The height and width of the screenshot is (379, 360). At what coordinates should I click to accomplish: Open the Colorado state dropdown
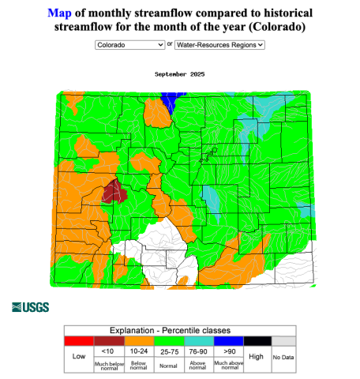click(x=129, y=45)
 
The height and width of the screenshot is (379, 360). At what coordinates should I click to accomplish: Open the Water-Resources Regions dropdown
click(x=219, y=45)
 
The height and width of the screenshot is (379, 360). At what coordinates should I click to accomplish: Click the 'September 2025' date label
click(x=179, y=73)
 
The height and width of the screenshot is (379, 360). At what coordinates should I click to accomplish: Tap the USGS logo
click(x=30, y=306)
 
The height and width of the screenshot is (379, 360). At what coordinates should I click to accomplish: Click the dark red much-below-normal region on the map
click(x=117, y=191)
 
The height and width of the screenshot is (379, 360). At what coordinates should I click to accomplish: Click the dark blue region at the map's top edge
click(x=169, y=101)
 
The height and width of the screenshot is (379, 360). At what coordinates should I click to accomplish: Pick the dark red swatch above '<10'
click(x=108, y=340)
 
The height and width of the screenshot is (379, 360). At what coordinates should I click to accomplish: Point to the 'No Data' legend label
click(x=283, y=358)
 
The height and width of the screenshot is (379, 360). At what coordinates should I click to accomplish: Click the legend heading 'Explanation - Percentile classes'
click(x=179, y=330)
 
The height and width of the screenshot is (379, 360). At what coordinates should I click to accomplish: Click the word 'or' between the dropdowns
click(x=170, y=45)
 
